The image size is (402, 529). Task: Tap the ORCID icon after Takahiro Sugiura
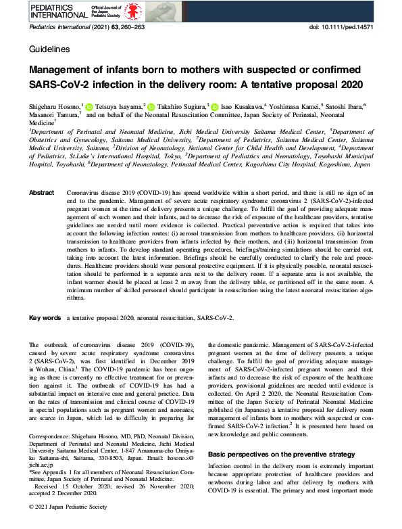[x=214, y=106]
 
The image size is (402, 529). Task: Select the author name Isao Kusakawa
[x=241, y=106]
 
